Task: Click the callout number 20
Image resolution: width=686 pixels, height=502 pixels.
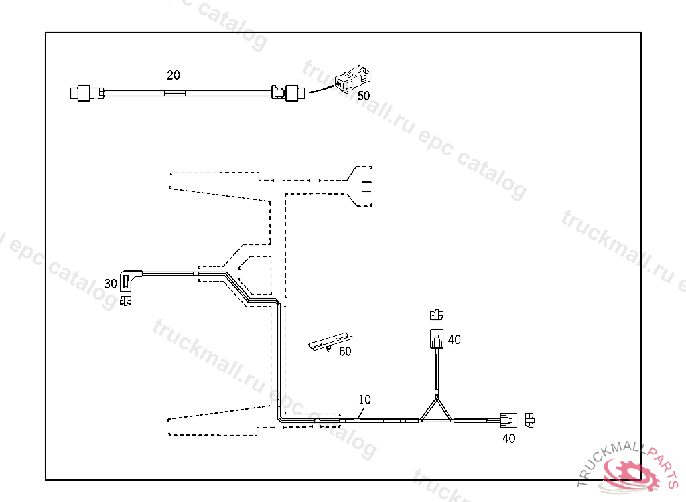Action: click(x=173, y=76)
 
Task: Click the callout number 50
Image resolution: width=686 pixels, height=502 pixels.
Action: click(x=363, y=96)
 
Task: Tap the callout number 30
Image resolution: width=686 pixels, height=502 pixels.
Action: click(x=111, y=284)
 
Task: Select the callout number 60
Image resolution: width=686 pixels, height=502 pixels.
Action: click(x=344, y=351)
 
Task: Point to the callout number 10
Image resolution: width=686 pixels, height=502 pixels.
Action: click(x=364, y=400)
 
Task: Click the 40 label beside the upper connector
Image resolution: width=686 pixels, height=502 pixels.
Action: click(x=454, y=340)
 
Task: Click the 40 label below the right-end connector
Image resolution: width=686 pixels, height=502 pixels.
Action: click(x=509, y=439)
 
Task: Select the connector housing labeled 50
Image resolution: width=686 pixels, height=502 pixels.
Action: click(x=352, y=80)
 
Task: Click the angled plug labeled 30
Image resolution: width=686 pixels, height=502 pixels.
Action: click(x=129, y=281)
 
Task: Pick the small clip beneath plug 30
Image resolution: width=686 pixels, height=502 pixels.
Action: click(x=124, y=301)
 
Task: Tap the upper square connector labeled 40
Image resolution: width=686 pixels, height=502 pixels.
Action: click(x=436, y=338)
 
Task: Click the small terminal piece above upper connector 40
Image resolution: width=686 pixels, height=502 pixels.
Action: click(x=437, y=314)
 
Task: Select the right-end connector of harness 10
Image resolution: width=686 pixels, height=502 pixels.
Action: click(x=508, y=421)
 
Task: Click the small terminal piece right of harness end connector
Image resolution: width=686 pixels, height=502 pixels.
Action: click(x=530, y=420)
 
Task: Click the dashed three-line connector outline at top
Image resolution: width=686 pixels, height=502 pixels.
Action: click(x=362, y=186)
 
